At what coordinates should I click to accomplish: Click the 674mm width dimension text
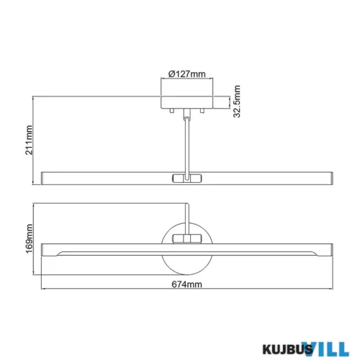186,285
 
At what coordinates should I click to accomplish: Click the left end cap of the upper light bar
46,176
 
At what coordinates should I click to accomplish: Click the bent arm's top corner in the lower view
189,207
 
